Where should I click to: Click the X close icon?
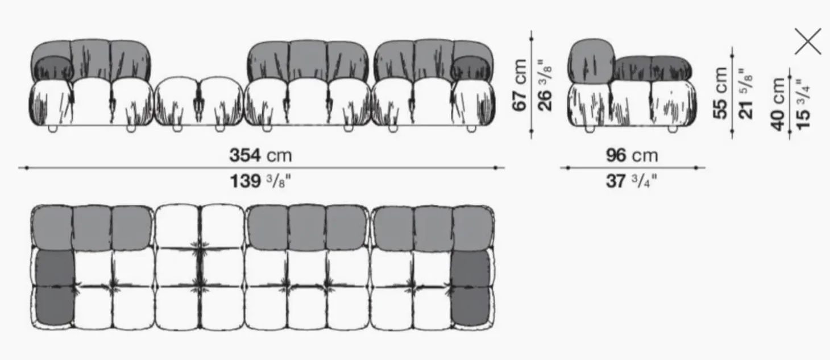(x=808, y=41)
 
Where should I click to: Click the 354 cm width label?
(x=260, y=155)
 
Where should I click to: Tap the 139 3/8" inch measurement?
(x=260, y=181)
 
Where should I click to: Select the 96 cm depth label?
(x=632, y=155)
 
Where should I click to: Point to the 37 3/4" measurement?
(x=632, y=181)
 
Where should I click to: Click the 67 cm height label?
(x=520, y=85)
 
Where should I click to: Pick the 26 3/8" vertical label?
(x=545, y=85)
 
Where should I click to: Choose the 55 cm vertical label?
(x=720, y=93)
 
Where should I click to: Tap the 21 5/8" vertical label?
(x=746, y=93)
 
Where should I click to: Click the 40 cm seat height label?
(x=778, y=104)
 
